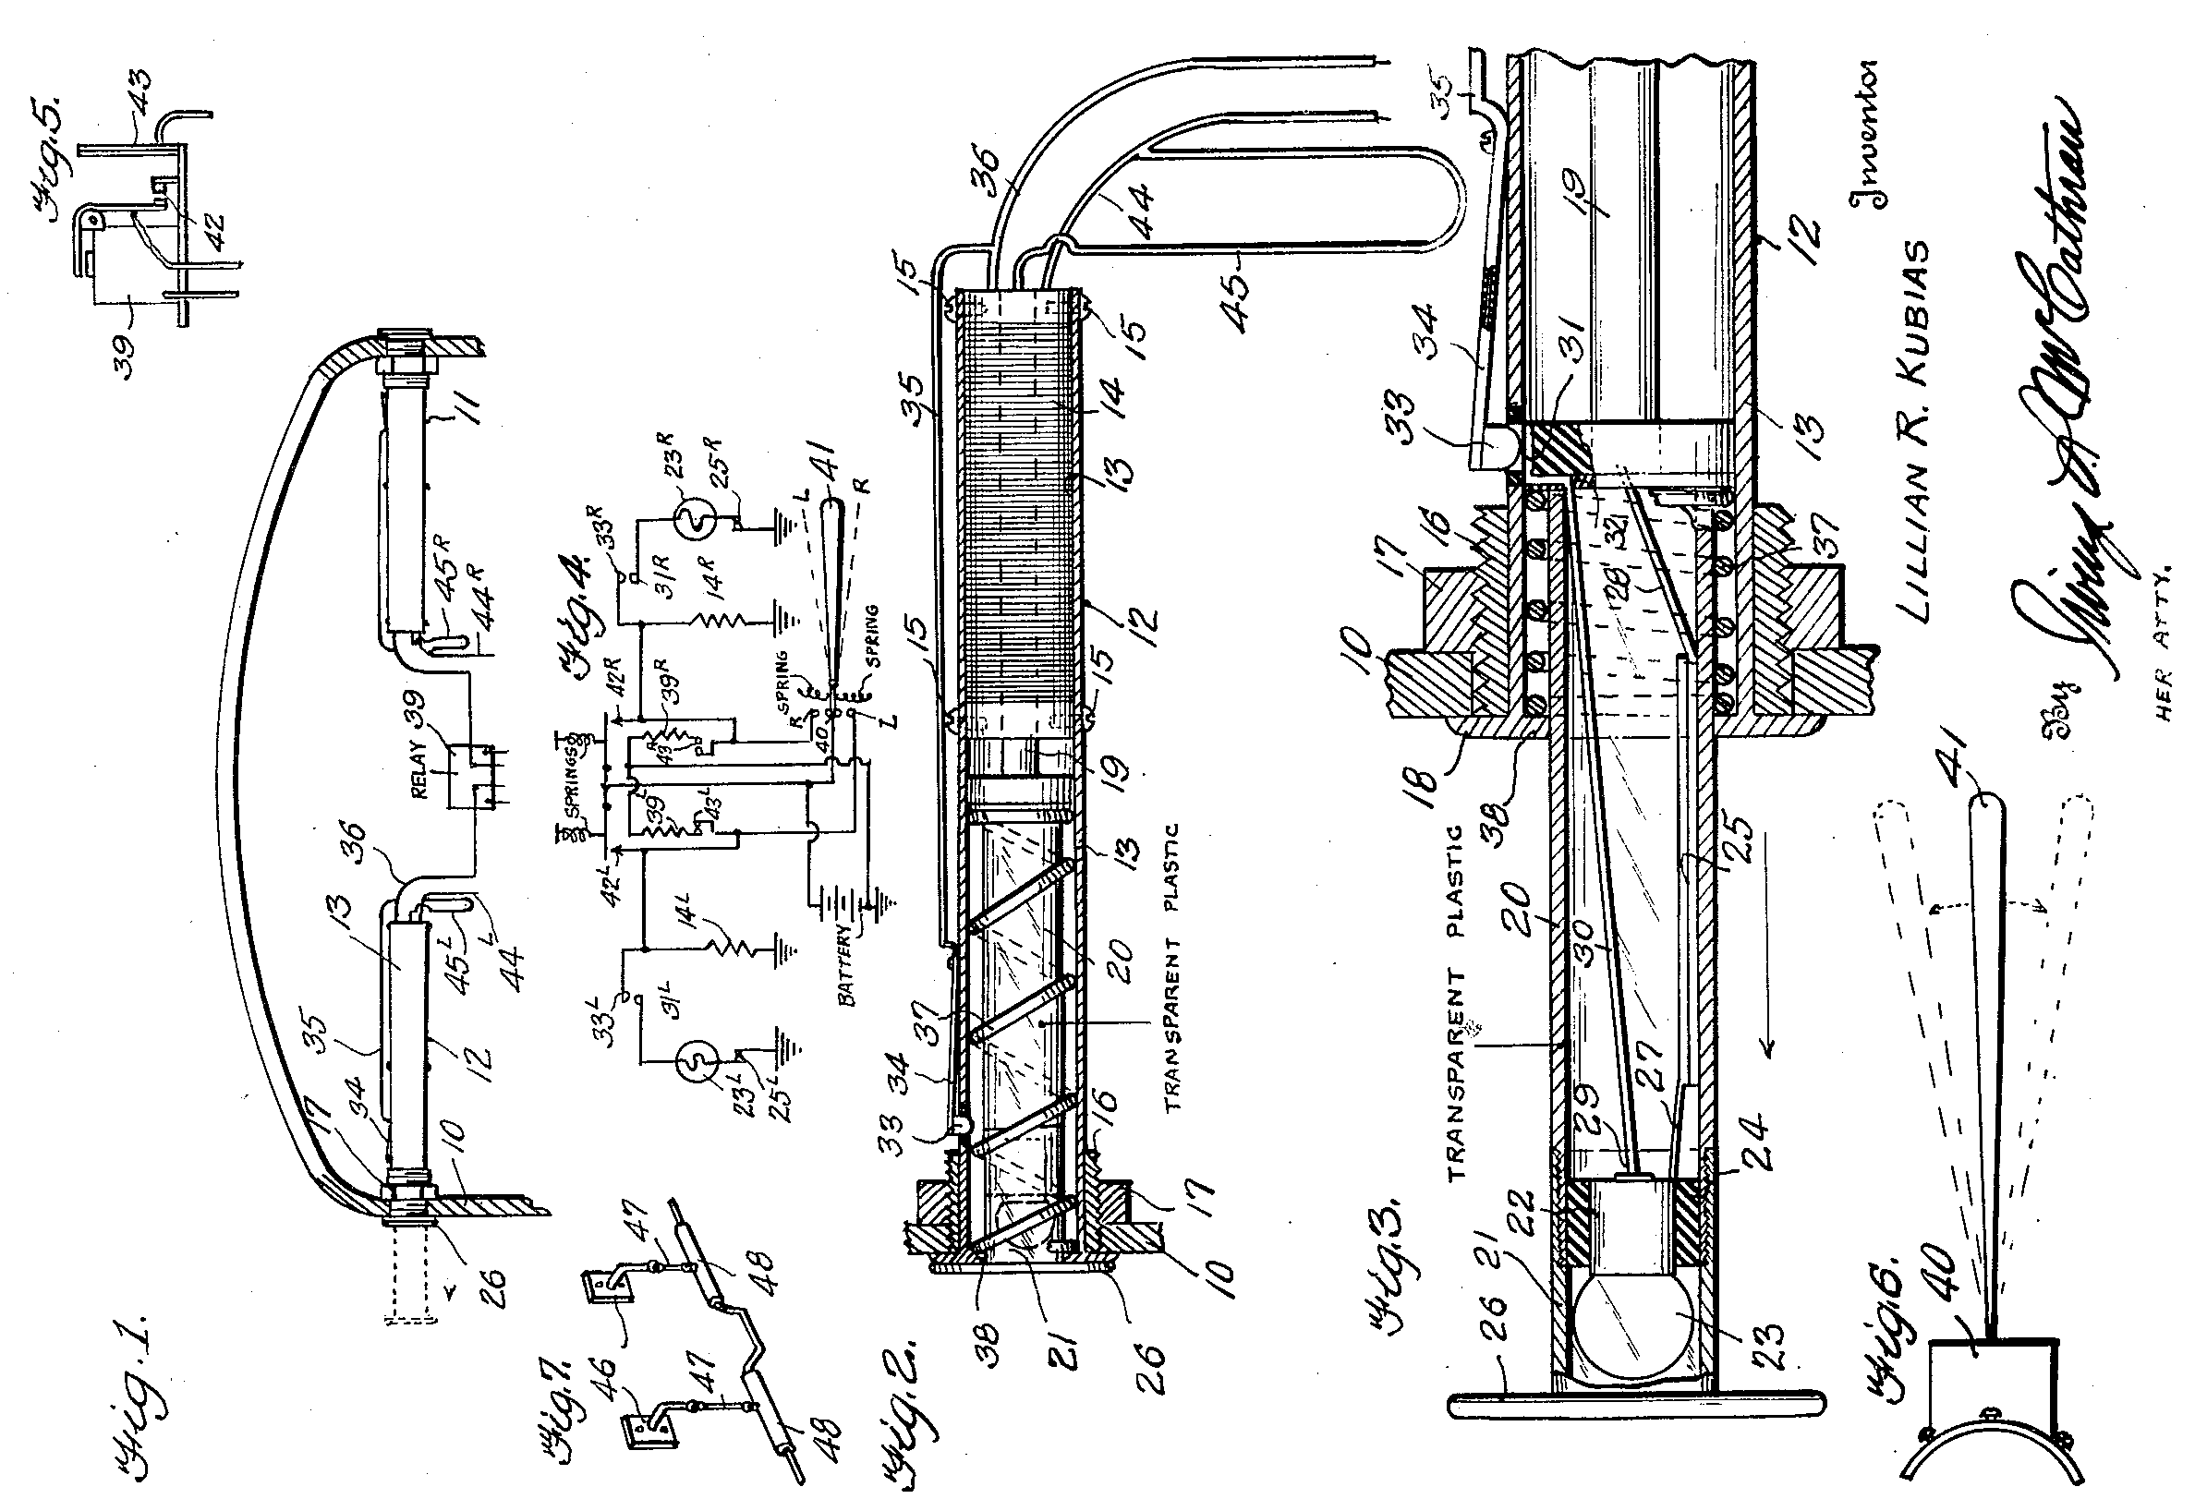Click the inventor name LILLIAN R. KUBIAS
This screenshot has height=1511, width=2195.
tap(1915, 430)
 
